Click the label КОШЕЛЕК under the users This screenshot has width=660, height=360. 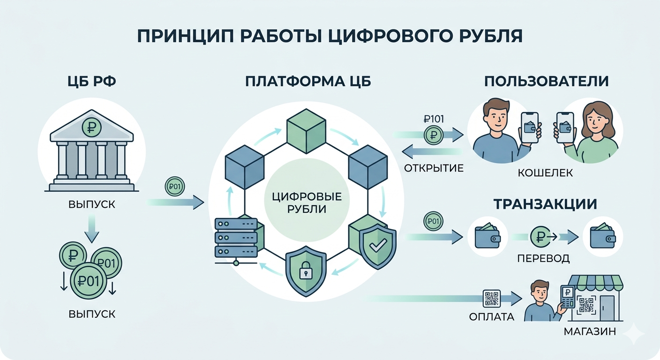point(545,173)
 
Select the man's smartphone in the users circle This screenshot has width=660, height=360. point(530,128)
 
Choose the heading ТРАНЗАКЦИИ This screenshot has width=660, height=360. point(545,204)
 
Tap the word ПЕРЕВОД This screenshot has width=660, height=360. point(543,258)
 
